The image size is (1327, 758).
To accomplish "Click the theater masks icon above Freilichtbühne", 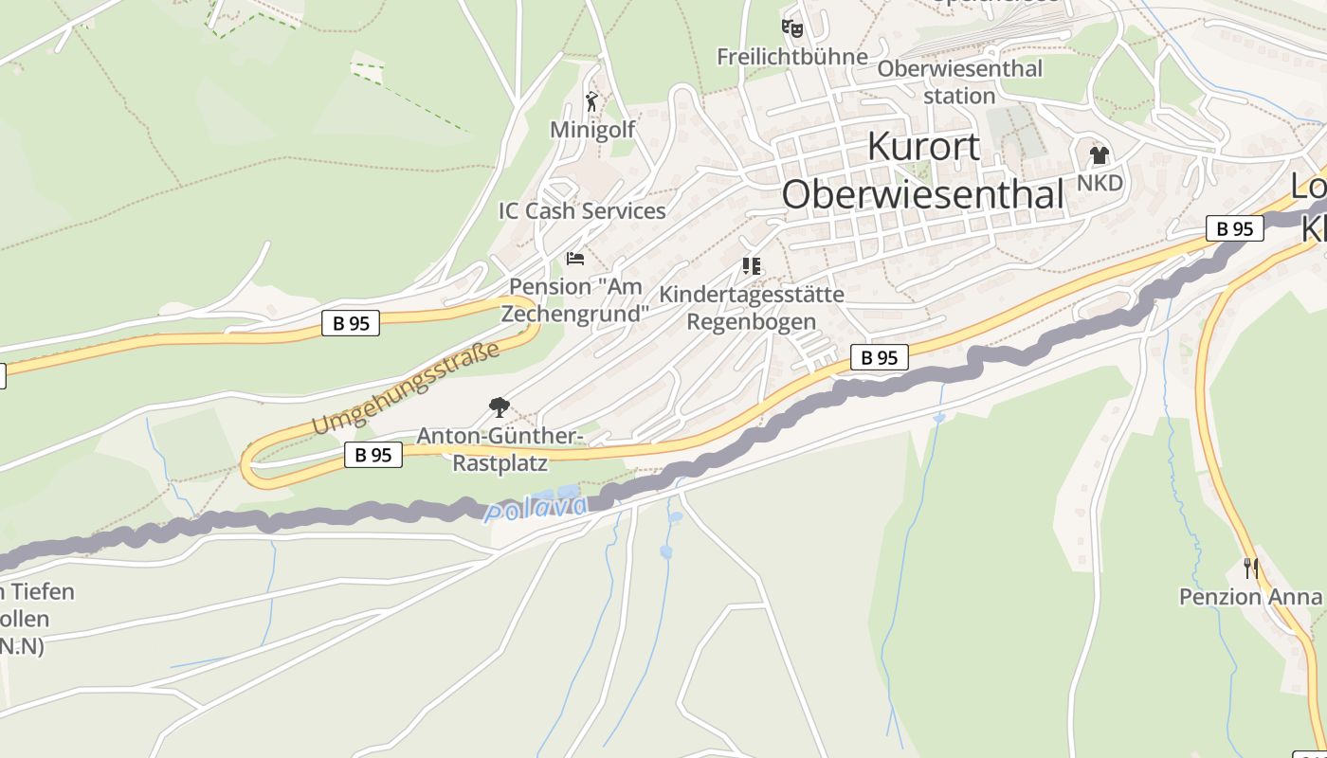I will pyautogui.click(x=791, y=27).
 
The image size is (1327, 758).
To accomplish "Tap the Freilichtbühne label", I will pyautogui.click(x=791, y=57).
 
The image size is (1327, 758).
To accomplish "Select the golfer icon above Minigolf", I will pyautogui.click(x=592, y=101).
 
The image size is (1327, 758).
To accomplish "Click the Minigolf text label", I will pyautogui.click(x=592, y=129).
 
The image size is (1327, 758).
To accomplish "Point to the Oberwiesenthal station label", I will pyautogui.click(x=959, y=82).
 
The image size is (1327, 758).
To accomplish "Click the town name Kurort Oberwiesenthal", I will pyautogui.click(x=923, y=171).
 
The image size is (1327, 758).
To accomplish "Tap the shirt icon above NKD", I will pyautogui.click(x=1099, y=154).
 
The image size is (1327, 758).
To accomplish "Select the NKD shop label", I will pyautogui.click(x=1100, y=183).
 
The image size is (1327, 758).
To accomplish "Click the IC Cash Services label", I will pyautogui.click(x=582, y=211).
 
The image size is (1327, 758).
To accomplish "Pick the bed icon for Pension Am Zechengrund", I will pyautogui.click(x=574, y=258).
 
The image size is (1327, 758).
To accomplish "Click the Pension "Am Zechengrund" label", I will pyautogui.click(x=575, y=299).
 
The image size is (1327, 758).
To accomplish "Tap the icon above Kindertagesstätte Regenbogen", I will pyautogui.click(x=752, y=265).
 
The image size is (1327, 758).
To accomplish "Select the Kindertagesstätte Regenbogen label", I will pyautogui.click(x=752, y=308).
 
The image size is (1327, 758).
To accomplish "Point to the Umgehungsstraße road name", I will pyautogui.click(x=406, y=389).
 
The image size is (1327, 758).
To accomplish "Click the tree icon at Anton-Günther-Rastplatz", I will pyautogui.click(x=499, y=407).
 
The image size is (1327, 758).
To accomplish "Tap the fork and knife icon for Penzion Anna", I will pyautogui.click(x=1251, y=568).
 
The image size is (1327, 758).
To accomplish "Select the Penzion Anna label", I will pyautogui.click(x=1250, y=597).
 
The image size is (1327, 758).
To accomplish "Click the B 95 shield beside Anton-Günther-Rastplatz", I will pyautogui.click(x=373, y=455).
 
